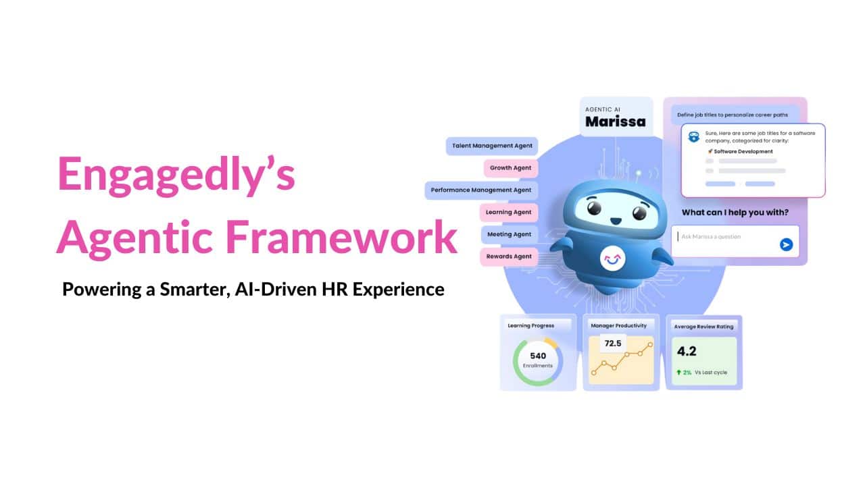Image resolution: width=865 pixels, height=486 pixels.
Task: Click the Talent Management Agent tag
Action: [492, 146]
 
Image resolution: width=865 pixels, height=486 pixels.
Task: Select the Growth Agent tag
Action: [510, 168]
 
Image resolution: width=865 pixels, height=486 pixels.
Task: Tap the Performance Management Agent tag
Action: [481, 190]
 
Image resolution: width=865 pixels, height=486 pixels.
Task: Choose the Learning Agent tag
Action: [508, 213]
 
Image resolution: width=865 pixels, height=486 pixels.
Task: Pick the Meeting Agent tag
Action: [509, 234]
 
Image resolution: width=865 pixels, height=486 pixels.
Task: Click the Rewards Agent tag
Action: [508, 256]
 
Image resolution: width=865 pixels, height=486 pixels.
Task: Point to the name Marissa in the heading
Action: [615, 122]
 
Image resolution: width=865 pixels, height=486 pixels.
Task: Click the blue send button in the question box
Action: [786, 244]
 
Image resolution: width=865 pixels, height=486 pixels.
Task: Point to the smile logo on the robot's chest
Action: [612, 257]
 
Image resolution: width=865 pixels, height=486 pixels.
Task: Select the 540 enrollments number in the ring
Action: [538, 356]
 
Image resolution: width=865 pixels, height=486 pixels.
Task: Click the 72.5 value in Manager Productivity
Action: [612, 344]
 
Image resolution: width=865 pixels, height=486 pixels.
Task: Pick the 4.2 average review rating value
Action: [687, 351]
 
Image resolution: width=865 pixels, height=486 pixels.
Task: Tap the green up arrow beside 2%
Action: [678, 372]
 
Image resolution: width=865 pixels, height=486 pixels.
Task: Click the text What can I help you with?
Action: [735, 213]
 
